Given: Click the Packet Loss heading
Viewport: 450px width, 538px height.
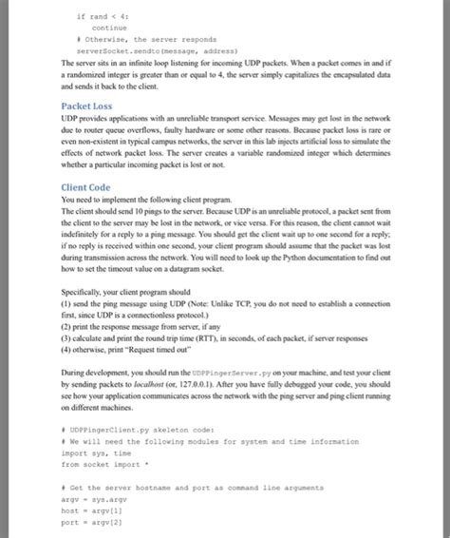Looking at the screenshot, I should click(x=88, y=106).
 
